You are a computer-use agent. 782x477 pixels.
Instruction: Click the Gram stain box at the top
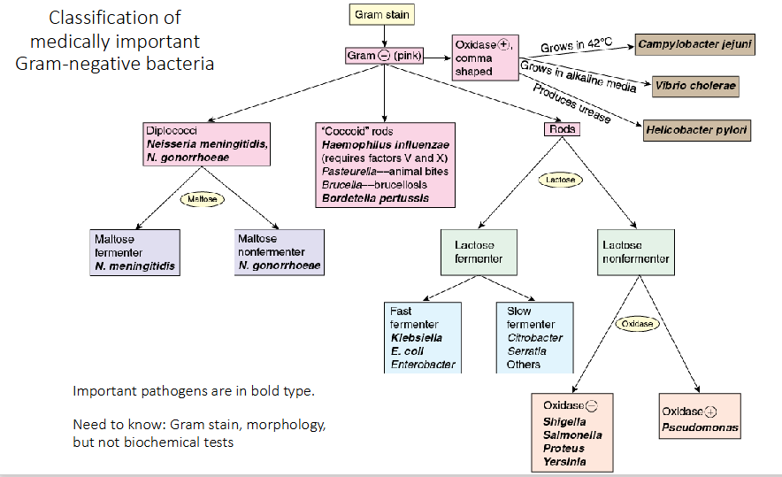pyautogui.click(x=381, y=15)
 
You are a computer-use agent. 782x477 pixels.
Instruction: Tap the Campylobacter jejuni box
pyautogui.click(x=694, y=43)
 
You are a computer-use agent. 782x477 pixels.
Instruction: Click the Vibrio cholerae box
pyautogui.click(x=694, y=87)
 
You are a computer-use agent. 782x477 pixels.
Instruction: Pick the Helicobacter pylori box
pyautogui.click(x=697, y=130)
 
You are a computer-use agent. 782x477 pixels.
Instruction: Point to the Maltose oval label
pyautogui.click(x=202, y=200)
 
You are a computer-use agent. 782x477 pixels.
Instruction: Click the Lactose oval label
pyautogui.click(x=561, y=180)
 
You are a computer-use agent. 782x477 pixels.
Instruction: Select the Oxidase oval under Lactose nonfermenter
pyautogui.click(x=636, y=324)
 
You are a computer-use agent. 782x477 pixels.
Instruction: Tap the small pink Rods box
pyautogui.click(x=562, y=129)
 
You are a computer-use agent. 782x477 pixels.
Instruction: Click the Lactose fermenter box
pyautogui.click(x=479, y=251)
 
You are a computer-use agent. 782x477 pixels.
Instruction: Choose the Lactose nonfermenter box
pyautogui.click(x=635, y=251)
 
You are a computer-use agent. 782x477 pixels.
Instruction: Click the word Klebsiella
pyautogui.click(x=416, y=337)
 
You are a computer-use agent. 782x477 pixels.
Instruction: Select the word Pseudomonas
pyautogui.click(x=700, y=427)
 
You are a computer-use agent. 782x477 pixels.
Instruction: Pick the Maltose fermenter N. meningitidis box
pyautogui.click(x=135, y=252)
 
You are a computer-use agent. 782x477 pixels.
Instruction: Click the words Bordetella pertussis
pyautogui.click(x=375, y=198)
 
